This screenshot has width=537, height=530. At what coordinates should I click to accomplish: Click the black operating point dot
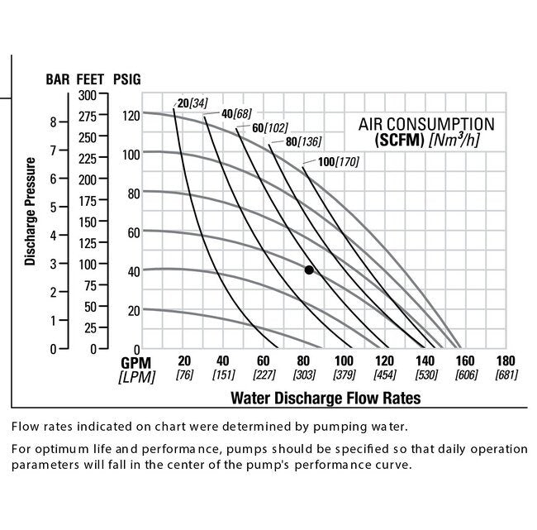click(309, 270)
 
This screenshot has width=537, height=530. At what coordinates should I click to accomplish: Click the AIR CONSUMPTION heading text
click(426, 124)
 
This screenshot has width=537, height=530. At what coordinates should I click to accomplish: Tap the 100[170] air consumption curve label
click(339, 161)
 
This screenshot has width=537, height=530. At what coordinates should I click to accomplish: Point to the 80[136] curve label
click(303, 141)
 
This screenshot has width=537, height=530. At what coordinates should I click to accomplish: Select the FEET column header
click(90, 80)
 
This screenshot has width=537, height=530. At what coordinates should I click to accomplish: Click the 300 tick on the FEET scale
click(87, 95)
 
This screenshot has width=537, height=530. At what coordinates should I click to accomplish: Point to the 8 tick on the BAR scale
click(53, 122)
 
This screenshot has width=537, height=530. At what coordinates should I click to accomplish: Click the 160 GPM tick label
click(465, 361)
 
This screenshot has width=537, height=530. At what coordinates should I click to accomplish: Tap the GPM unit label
click(136, 362)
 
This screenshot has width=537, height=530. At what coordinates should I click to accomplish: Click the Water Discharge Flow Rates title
click(325, 398)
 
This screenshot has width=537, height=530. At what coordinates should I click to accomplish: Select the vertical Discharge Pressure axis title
click(30, 212)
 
